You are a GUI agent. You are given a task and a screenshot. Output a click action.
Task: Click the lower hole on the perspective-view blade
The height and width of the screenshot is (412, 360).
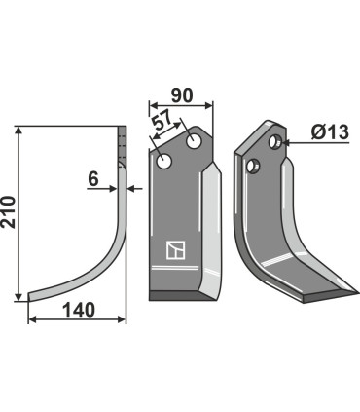pyautogui.click(x=256, y=166)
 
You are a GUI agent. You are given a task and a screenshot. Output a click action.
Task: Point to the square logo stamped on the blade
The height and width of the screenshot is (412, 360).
pyautogui.click(x=174, y=251)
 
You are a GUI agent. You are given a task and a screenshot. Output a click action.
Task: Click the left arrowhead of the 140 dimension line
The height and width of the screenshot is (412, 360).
pyautogui.click(x=31, y=318)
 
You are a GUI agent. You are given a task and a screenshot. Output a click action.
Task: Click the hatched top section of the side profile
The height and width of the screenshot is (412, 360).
pyautogui.click(x=123, y=147)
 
